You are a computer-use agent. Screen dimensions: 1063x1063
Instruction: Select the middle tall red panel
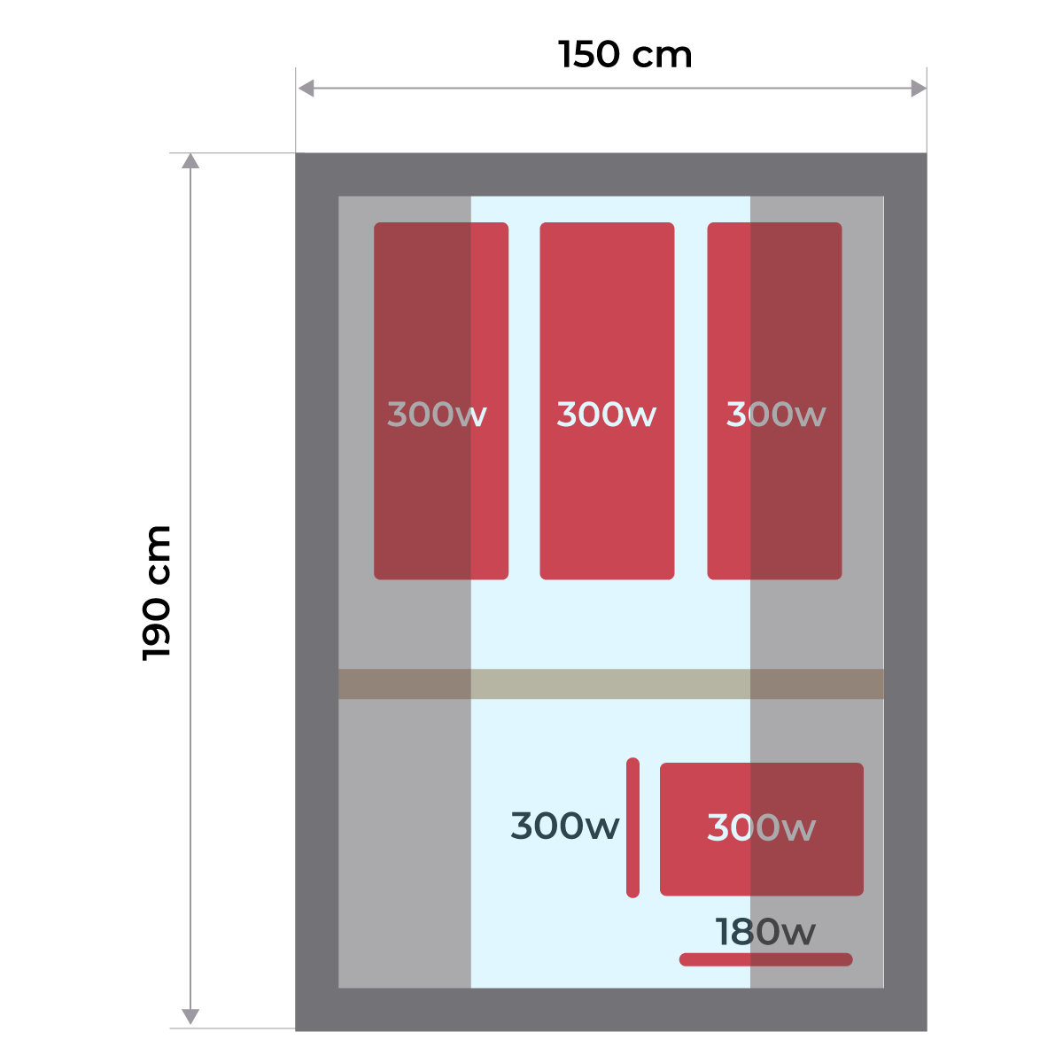(607, 496)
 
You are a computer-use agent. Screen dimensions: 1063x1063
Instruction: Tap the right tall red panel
(774, 496)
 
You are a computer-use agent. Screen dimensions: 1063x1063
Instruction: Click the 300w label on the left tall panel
(437, 415)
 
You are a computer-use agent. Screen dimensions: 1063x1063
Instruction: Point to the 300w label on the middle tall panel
(607, 415)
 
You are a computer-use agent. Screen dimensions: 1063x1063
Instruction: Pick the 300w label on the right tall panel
(776, 415)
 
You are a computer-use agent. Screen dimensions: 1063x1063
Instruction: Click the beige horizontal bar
(611, 684)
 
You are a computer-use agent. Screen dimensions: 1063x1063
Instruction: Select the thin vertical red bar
(632, 827)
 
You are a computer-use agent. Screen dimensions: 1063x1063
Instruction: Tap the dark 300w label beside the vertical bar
(565, 826)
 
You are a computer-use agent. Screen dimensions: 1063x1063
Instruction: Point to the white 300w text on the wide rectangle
(762, 828)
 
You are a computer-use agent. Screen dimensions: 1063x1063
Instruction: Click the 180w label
(765, 932)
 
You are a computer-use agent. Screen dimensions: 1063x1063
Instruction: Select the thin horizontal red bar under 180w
(765, 959)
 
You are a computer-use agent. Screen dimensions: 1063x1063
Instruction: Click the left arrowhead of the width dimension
(306, 89)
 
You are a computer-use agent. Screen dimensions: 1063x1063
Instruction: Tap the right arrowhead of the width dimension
(919, 89)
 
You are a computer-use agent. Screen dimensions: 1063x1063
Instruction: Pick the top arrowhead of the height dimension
(190, 160)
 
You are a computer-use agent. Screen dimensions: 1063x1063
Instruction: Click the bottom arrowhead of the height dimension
(190, 1017)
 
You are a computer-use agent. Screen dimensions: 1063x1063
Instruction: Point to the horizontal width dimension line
(611, 89)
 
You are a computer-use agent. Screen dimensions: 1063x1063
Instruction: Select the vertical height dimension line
(190, 585)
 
